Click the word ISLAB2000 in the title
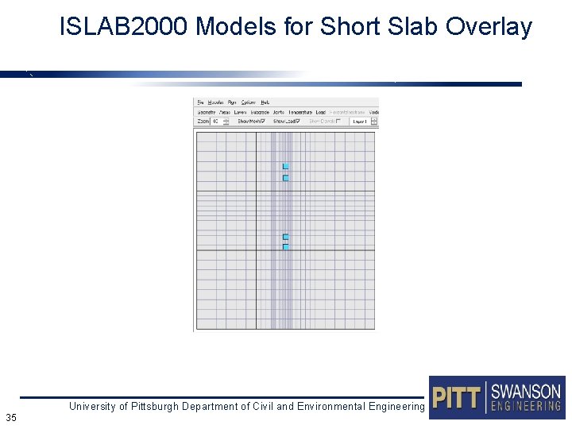(124, 28)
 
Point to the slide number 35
(11, 417)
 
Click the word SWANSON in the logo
(526, 391)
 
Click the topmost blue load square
(285, 166)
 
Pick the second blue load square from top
(285, 178)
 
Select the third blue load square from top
(285, 237)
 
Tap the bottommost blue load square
(285, 247)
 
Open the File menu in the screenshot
(200, 102)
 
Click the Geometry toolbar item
(206, 112)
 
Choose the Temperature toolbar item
(300, 112)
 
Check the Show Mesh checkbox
(263, 122)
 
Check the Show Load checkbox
(297, 122)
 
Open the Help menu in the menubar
(265, 102)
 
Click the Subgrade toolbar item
(260, 112)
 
